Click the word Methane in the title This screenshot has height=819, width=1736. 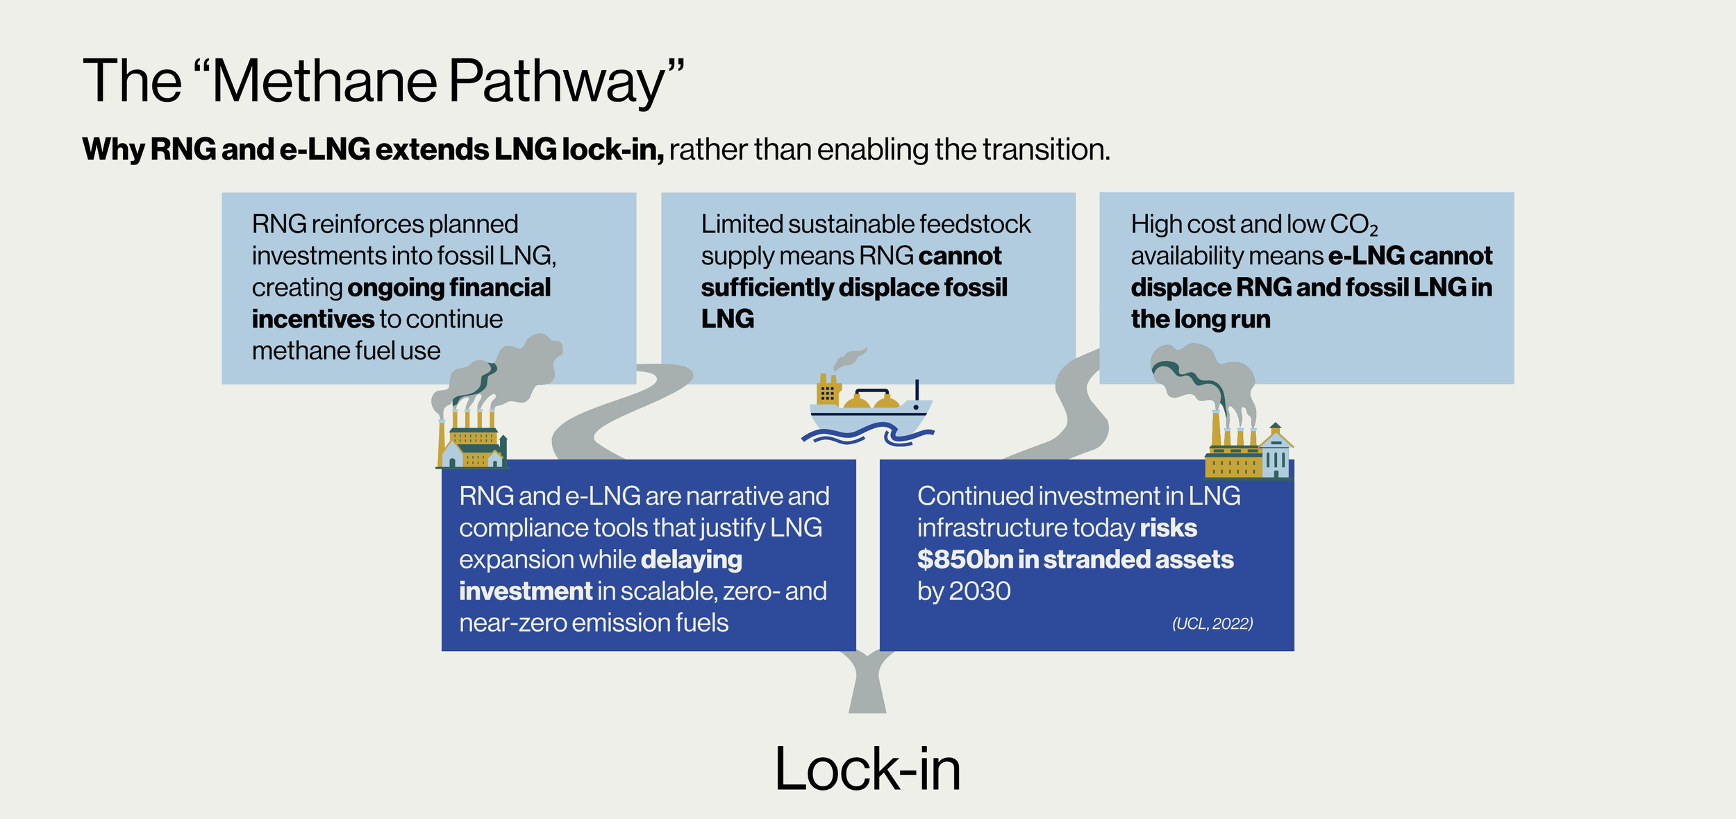pyautogui.click(x=324, y=81)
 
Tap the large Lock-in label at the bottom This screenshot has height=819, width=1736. pyautogui.click(x=867, y=769)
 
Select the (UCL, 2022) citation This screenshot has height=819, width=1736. pyautogui.click(x=1212, y=623)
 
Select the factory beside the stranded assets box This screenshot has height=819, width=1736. pyautogui.click(x=1249, y=444)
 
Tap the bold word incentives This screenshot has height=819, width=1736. pyautogui.click(x=313, y=319)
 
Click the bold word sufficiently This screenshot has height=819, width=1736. pyautogui.click(x=767, y=288)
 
